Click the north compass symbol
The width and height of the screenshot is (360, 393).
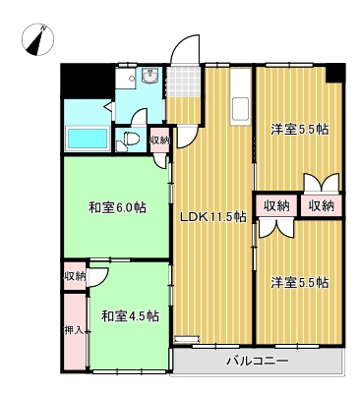point(37,40)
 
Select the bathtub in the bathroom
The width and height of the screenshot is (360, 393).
point(88,138)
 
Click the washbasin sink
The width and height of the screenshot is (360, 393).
point(150,77)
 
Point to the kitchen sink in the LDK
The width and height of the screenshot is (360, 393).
point(240,109)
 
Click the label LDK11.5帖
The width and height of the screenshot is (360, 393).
point(213,216)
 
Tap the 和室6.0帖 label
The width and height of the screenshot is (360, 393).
point(117,207)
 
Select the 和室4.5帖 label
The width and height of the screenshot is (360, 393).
point(130,316)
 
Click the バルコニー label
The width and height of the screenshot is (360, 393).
point(258,362)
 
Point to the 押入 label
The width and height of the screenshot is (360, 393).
point(74,331)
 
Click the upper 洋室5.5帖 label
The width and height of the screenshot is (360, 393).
point(300,130)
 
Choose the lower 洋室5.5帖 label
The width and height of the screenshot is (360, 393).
point(300,282)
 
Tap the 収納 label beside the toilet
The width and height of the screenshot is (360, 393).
point(160,140)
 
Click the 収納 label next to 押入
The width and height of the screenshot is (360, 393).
point(75,276)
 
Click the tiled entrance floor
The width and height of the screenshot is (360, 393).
point(184,82)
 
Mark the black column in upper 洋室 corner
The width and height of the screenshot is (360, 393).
point(335,73)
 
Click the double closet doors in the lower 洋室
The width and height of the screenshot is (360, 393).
point(275,228)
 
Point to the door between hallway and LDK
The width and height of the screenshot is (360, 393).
point(188,137)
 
